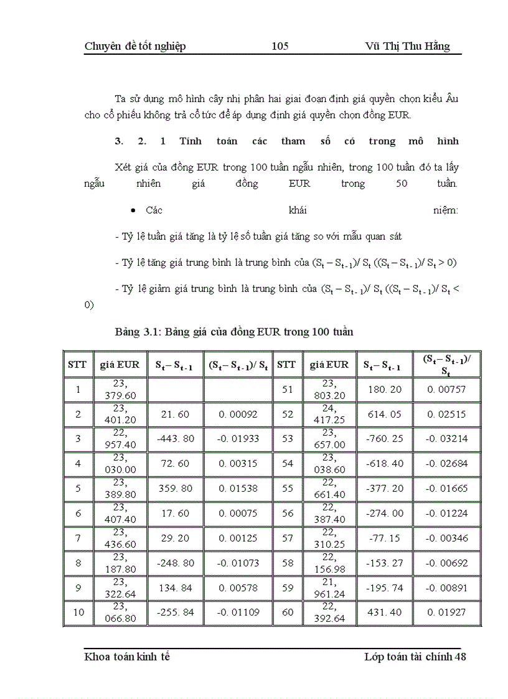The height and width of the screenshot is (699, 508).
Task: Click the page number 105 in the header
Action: (x=280, y=47)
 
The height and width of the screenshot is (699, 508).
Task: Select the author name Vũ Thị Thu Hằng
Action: (x=407, y=47)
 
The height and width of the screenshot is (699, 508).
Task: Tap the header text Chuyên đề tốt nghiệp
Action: (x=135, y=47)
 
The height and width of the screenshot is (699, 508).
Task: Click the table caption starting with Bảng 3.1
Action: (x=234, y=332)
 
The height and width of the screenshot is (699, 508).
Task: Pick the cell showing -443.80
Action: (x=175, y=439)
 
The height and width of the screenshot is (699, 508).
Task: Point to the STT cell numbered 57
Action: (x=288, y=538)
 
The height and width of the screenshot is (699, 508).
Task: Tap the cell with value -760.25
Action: (x=383, y=439)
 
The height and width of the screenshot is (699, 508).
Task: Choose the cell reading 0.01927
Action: (x=446, y=612)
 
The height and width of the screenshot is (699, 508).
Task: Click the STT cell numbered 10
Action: (x=78, y=612)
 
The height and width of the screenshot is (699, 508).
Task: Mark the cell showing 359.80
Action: (x=175, y=489)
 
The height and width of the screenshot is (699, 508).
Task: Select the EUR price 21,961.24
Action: (x=329, y=588)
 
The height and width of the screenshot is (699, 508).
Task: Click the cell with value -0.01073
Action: (x=238, y=563)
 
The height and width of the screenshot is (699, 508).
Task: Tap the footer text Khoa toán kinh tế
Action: (x=127, y=657)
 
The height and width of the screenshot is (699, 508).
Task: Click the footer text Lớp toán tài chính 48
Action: (x=415, y=657)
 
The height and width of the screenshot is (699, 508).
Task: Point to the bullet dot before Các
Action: (x=133, y=211)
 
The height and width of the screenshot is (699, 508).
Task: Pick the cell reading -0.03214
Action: (x=446, y=439)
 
